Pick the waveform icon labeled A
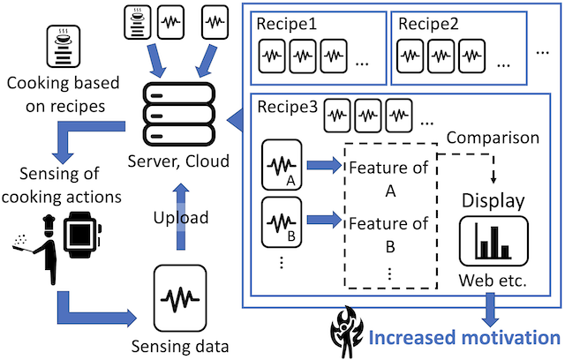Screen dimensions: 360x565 (282, 164)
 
